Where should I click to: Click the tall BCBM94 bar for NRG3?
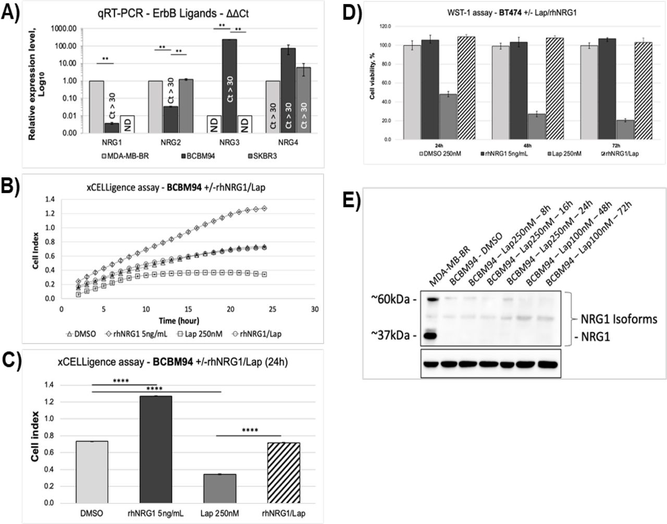[x=230, y=86]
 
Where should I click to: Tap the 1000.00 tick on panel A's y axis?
[x=64, y=29]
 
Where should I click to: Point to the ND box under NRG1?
[x=127, y=124]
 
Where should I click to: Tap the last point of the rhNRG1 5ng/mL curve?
[x=264, y=208]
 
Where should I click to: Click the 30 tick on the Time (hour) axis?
[x=314, y=309]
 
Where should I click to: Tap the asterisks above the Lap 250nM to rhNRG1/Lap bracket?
[x=249, y=430]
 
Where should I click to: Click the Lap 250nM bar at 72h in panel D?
[x=625, y=130]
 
